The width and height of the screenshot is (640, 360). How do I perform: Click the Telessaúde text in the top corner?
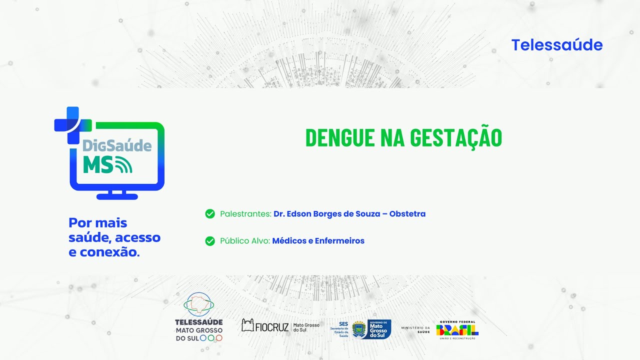(x=556, y=45)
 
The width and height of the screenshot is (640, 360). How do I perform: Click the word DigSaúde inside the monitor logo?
(x=116, y=145)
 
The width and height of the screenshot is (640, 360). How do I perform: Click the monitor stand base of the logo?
(x=117, y=196)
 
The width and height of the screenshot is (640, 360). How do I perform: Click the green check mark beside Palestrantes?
(x=210, y=214)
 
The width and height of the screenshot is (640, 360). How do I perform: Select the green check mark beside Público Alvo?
(x=210, y=241)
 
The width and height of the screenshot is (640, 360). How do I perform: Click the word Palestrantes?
(x=245, y=214)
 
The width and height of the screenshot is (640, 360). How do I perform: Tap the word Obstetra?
(x=407, y=214)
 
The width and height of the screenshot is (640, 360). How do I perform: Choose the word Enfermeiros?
(x=339, y=241)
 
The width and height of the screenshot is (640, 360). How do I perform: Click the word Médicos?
(x=289, y=241)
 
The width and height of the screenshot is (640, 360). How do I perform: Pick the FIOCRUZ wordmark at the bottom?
(x=271, y=327)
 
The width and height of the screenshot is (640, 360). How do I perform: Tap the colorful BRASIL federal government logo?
(x=457, y=330)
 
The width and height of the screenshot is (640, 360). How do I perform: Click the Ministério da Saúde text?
(x=415, y=329)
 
